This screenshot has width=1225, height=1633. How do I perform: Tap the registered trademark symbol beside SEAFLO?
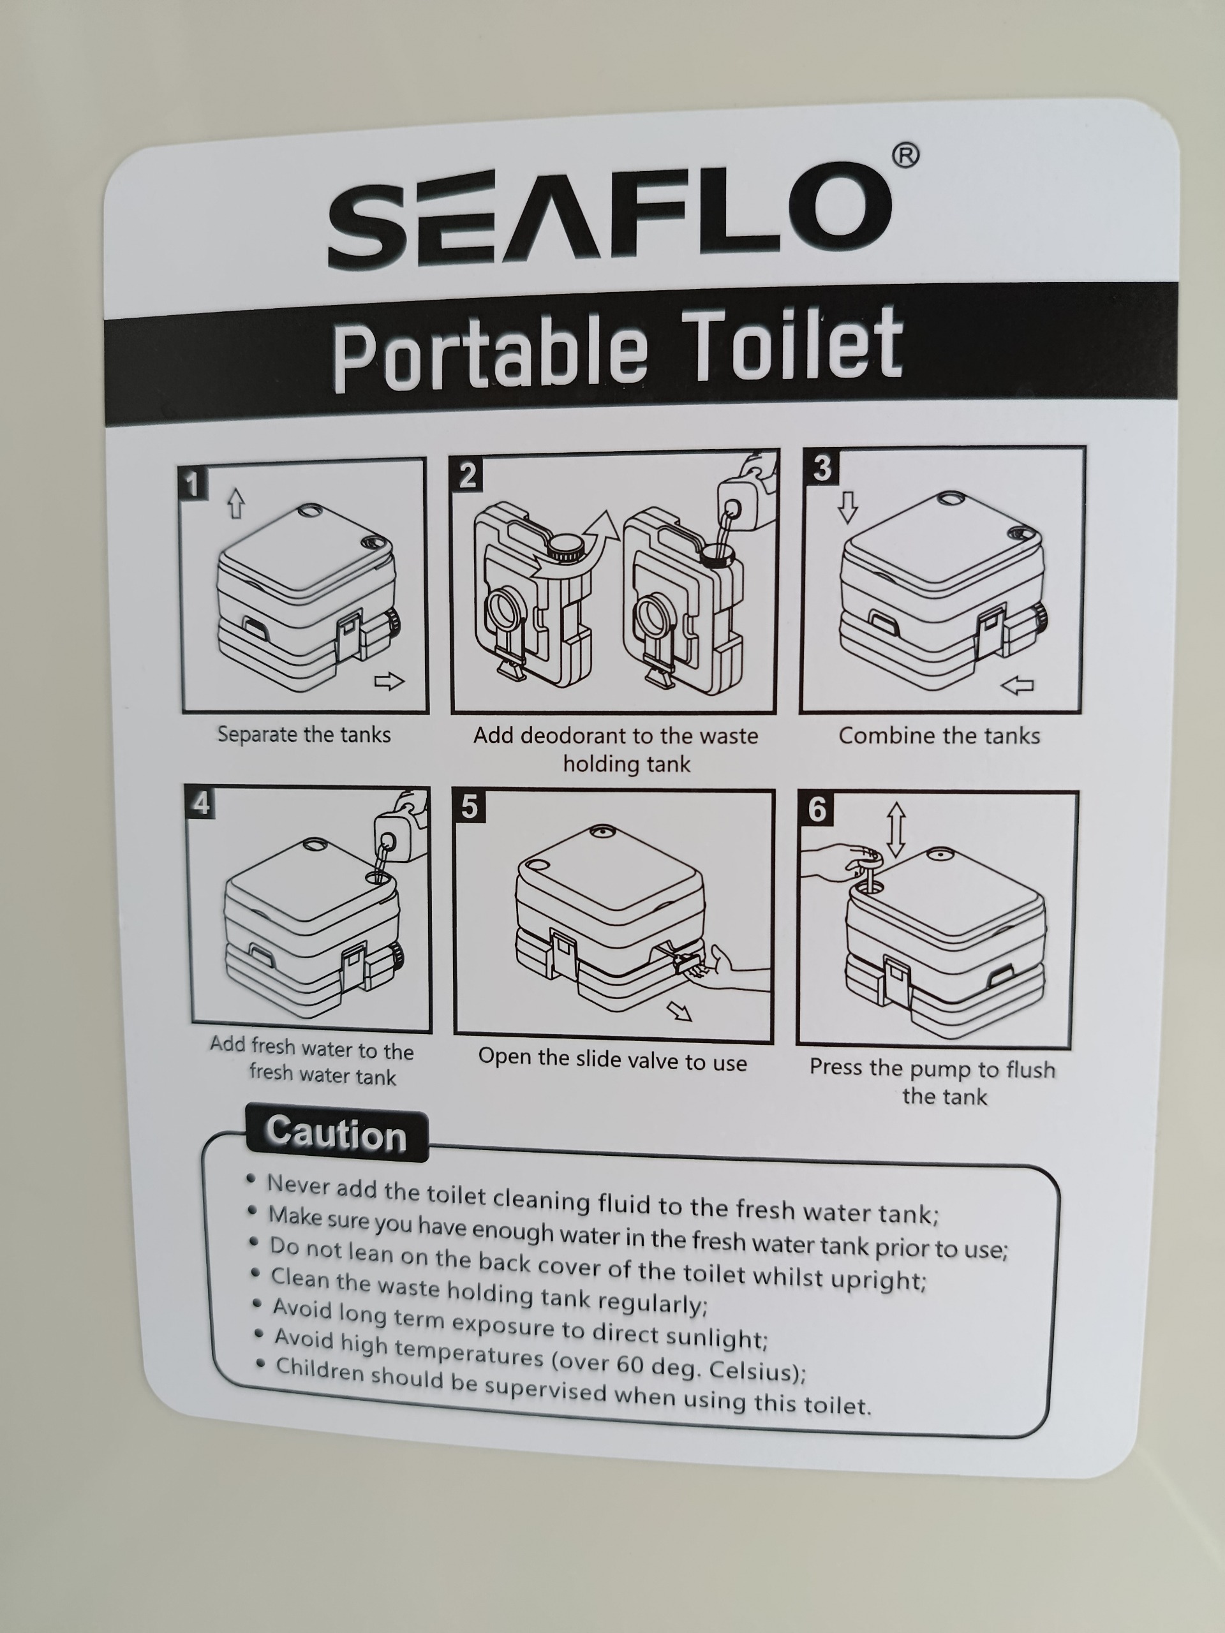[x=905, y=156]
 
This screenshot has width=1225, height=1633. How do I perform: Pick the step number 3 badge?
[x=821, y=468]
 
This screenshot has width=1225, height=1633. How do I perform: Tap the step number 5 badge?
[x=468, y=806]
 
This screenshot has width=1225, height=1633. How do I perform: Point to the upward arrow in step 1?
[x=235, y=503]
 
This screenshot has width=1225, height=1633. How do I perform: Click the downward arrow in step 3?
[x=848, y=507]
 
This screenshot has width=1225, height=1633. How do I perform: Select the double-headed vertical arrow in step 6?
[x=896, y=830]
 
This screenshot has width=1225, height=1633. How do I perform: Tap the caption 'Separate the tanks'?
[x=304, y=735]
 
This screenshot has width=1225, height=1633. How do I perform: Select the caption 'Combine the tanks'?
[x=939, y=736]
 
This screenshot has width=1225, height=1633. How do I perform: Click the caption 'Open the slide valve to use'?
[x=612, y=1060]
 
